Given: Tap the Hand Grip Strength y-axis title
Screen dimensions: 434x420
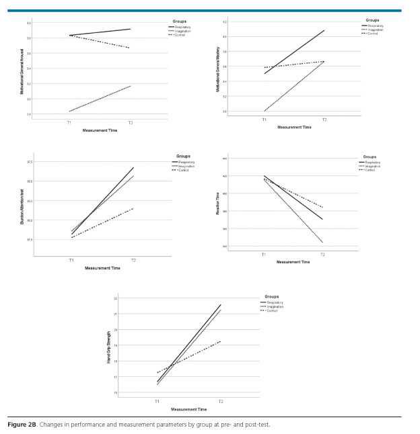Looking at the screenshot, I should (x=109, y=347).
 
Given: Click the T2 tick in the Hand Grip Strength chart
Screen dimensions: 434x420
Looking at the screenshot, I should (x=221, y=402).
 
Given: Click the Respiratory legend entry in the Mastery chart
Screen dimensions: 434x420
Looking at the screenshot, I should (x=376, y=26).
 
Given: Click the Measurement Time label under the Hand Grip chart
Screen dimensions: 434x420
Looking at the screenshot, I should (x=189, y=409).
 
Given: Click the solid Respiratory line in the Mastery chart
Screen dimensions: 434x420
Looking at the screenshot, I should (x=296, y=51).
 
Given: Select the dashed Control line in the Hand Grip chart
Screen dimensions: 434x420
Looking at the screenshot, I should (x=195, y=353).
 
